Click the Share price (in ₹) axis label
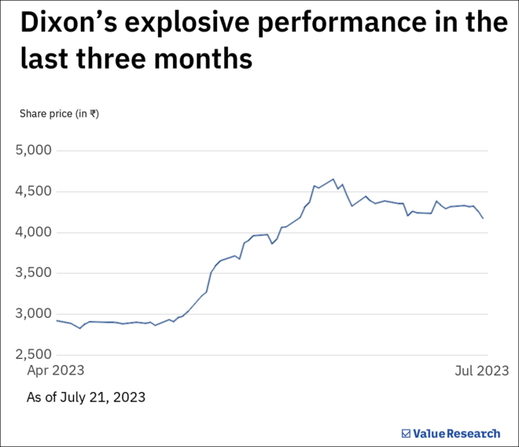[x=59, y=113]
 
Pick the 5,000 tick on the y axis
[x=33, y=150]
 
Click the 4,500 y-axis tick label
[x=33, y=190]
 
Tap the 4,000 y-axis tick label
[x=33, y=231]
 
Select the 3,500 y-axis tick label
[x=33, y=272]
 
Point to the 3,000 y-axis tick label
[x=33, y=313]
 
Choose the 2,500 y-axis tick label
[x=33, y=354]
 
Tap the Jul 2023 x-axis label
[x=480, y=370]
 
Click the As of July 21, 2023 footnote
[x=86, y=397]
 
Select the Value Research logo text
[x=456, y=434]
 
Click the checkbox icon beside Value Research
[x=406, y=434]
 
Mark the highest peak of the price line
[x=333, y=179]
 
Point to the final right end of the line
[x=483, y=218]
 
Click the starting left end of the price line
[x=57, y=320]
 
